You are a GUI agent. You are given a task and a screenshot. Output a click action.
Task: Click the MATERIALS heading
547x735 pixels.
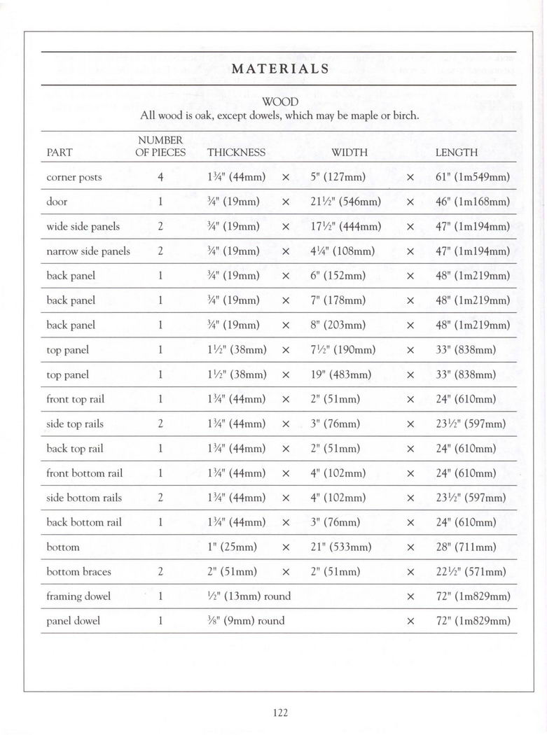pos(279,69)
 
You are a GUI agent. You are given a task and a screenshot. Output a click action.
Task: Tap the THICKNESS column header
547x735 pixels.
pos(236,152)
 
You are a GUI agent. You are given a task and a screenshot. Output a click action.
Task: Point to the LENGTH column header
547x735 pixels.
pos(456,152)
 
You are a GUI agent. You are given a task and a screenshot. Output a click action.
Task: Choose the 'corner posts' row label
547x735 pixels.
pos(74,177)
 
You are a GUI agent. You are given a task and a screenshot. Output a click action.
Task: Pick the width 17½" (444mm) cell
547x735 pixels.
pos(345,226)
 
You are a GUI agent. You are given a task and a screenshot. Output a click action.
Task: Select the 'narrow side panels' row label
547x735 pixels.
pos(88,251)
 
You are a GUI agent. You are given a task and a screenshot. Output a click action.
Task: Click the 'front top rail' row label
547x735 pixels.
pos(75,399)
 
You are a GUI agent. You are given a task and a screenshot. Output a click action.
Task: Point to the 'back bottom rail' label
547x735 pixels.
pos(83,522)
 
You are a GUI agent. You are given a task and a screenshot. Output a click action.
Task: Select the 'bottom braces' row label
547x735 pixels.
pos(78,571)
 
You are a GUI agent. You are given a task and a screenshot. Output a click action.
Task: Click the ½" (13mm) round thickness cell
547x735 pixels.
pos(249,596)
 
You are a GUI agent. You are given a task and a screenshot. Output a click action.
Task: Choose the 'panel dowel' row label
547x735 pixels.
pos(73,620)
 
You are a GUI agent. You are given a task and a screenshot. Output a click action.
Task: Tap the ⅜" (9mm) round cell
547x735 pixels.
pos(246,620)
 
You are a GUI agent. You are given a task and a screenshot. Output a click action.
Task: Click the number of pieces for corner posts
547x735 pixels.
pos(160,177)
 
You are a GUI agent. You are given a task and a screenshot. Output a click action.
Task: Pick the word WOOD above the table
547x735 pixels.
pos(279,102)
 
